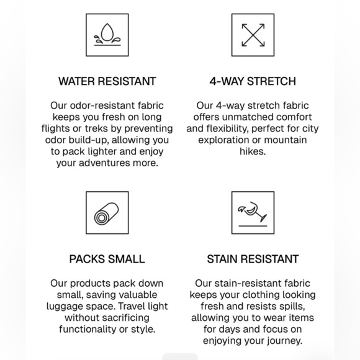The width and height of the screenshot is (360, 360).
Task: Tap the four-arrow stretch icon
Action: point(253,35)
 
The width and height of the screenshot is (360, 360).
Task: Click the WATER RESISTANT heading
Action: point(107,81)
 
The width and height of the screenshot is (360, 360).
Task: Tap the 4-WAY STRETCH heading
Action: point(253,81)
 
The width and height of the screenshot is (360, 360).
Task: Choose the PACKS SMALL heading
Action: point(107,259)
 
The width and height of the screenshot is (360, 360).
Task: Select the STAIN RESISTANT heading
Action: point(253,259)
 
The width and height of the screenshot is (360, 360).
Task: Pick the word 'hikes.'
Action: point(253,151)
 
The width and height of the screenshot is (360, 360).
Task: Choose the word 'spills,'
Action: point(292,307)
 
